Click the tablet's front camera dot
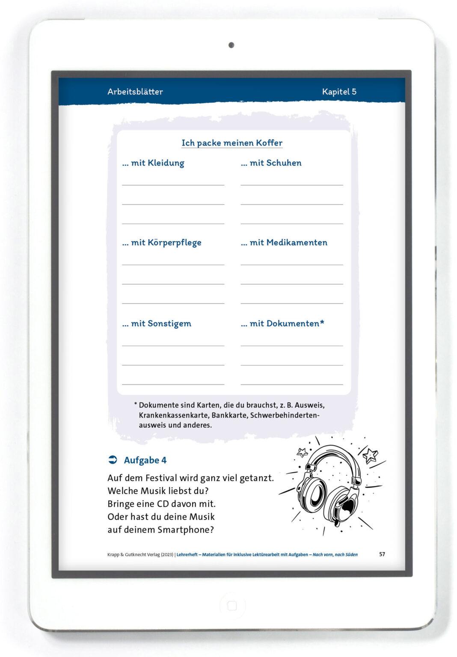pyautogui.click(x=231, y=45)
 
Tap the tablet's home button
pyautogui.click(x=232, y=606)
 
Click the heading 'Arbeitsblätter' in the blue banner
pyautogui.click(x=135, y=92)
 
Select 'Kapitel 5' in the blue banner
pyautogui.click(x=339, y=92)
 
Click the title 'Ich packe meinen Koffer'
pyautogui.click(x=232, y=143)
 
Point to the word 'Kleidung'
pyautogui.click(x=166, y=163)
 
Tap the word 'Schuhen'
pyautogui.click(x=284, y=163)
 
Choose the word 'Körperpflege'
pyautogui.click(x=174, y=243)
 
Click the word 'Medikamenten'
pyautogui.click(x=297, y=243)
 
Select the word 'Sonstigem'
pyautogui.click(x=169, y=323)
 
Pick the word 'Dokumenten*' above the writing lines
pyautogui.click(x=295, y=323)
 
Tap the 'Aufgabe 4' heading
pyautogui.click(x=145, y=460)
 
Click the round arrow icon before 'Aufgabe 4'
pyautogui.click(x=113, y=460)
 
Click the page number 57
pyautogui.click(x=382, y=554)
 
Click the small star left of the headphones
pyautogui.click(x=303, y=452)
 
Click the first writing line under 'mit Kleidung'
pyautogui.click(x=173, y=185)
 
